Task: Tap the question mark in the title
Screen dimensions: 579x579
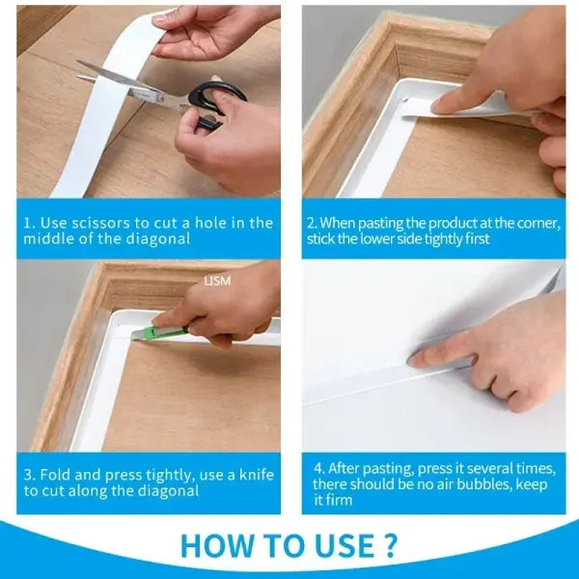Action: (390, 545)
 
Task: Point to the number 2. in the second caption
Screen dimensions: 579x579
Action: (312, 223)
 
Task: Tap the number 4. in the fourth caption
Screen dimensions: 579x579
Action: (318, 468)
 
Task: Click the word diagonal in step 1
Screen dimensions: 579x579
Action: (162, 239)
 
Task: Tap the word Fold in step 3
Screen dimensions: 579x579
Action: (54, 475)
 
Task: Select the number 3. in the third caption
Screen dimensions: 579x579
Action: (30, 475)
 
